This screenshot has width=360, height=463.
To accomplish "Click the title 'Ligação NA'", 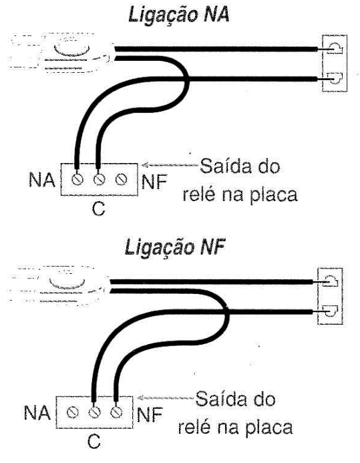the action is tap(179, 15).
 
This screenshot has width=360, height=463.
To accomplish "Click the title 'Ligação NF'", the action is tap(175, 247).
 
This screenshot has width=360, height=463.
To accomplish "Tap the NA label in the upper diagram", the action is tap(42, 180).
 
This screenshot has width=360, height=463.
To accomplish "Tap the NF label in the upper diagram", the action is tap(154, 182).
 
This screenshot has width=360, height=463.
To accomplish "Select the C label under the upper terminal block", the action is tap(98, 208).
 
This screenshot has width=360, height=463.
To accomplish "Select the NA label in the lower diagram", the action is tap(37, 412).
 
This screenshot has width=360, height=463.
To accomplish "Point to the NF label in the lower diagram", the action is tap(150, 414).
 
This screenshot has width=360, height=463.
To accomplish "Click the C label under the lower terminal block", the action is tap(94, 442).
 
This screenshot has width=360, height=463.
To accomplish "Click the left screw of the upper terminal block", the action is tap(77, 179).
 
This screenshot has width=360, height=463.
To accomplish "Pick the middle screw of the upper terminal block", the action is tap(99, 179).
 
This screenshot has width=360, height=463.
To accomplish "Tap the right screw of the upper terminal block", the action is tap(121, 179).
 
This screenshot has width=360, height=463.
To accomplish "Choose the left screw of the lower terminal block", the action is tap(72, 412).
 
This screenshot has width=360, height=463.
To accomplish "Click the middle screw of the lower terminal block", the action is tap(94, 412).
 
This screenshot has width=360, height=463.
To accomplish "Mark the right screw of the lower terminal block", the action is tap(116, 412).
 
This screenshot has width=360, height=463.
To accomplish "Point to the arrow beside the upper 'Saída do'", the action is tap(170, 165).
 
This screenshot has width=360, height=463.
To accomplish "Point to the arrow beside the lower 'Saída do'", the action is tap(166, 398).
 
